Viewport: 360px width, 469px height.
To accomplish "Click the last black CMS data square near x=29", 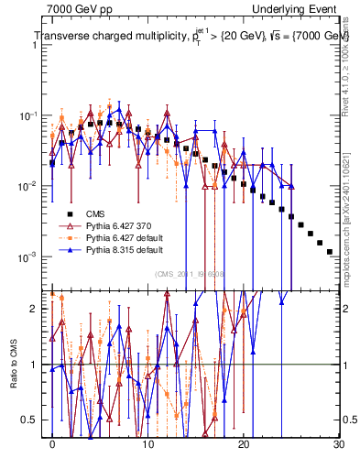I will (x=329, y=251).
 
